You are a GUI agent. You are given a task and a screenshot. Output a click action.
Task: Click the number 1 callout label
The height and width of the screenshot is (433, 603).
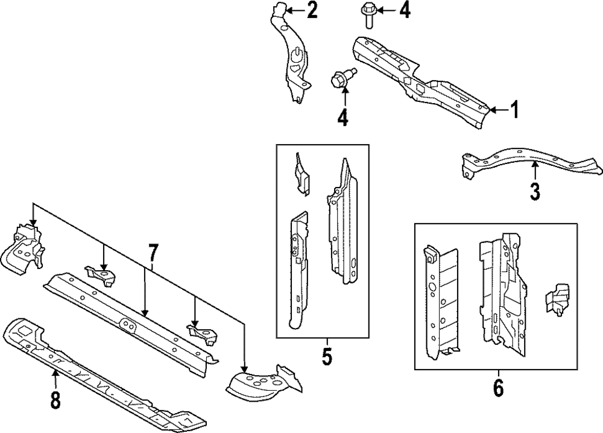pyautogui.click(x=514, y=110)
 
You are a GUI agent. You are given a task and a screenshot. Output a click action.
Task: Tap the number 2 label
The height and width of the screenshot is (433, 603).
pyautogui.click(x=312, y=10)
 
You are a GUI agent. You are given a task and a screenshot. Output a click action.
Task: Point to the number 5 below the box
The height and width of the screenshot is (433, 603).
pyautogui.click(x=326, y=357)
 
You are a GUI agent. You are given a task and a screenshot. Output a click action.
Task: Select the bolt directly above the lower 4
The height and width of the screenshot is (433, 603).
pyautogui.click(x=342, y=79)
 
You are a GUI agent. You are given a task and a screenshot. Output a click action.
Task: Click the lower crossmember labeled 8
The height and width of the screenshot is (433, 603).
pyautogui.click(x=96, y=374)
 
